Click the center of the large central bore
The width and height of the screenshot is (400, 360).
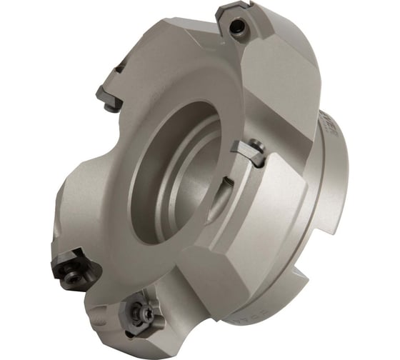pyautogui.click(x=179, y=175)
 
